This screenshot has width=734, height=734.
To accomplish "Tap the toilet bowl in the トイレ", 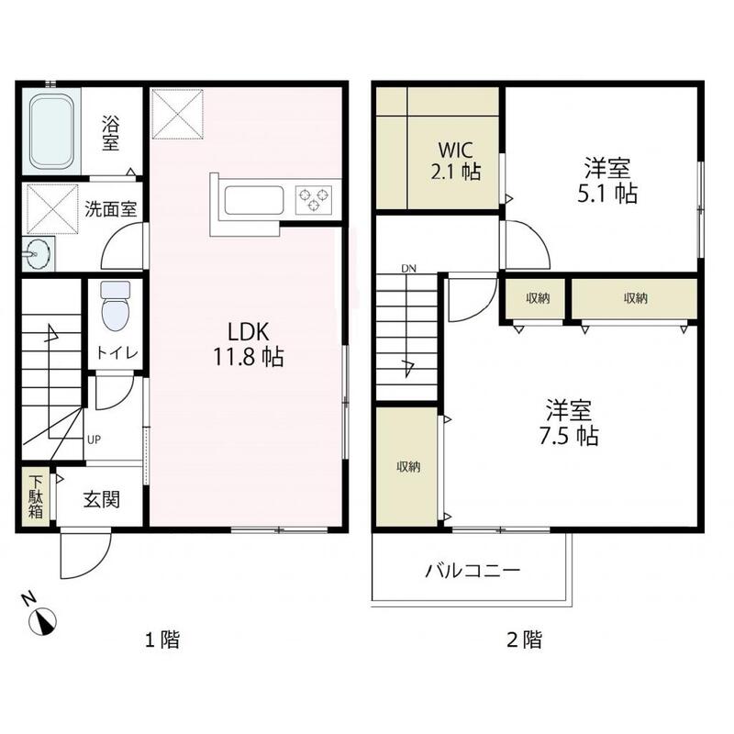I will (x=116, y=308).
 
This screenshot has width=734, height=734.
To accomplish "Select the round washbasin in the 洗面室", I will (x=39, y=254).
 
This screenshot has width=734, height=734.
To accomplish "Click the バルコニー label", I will (x=473, y=572).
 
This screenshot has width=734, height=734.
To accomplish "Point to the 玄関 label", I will (x=100, y=501).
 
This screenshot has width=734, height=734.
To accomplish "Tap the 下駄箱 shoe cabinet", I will (x=35, y=497).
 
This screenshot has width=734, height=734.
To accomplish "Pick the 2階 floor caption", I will (x=524, y=640).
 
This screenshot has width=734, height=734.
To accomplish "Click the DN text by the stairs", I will (x=408, y=269).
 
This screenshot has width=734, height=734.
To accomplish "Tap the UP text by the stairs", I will (x=94, y=439).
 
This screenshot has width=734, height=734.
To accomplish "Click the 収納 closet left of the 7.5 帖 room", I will (x=407, y=467).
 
